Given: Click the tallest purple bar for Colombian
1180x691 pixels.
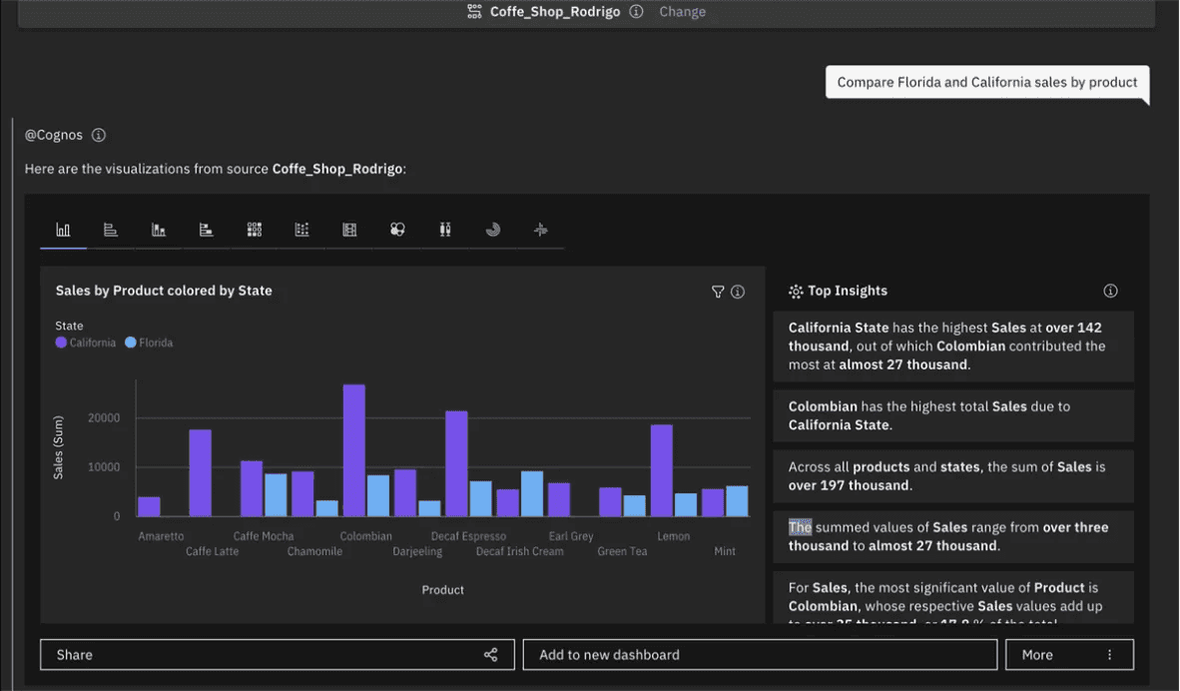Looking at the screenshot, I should coord(353,450).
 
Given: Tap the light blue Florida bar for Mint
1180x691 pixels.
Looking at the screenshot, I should coord(737,501).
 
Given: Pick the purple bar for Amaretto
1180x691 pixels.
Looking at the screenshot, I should coord(149,506).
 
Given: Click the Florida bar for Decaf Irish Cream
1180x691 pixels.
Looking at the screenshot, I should coord(532,493).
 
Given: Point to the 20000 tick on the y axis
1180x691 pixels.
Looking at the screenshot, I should coord(104,417).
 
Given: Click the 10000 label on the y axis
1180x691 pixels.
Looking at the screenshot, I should coord(104,467).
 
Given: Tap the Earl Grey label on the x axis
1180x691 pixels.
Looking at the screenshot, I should coord(571,536).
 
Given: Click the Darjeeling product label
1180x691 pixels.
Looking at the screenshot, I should coord(417,551).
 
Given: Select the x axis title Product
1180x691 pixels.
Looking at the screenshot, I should coord(442,590).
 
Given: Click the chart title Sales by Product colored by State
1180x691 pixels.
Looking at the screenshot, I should coord(164,291).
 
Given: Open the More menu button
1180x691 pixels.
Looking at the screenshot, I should coord(1068,655).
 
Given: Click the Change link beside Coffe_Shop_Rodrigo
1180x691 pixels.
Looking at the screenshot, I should coord(682,12).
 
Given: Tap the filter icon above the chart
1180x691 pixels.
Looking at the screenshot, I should coord(717,292).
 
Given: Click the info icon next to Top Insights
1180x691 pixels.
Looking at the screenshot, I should coord(1110,291).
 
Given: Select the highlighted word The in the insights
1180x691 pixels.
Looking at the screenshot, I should coord(800,527).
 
